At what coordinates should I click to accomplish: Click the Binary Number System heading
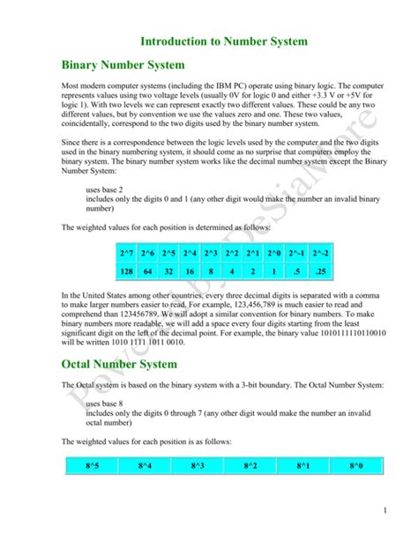pyautogui.click(x=123, y=64)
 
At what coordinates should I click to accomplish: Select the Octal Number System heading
pyautogui.click(x=120, y=363)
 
